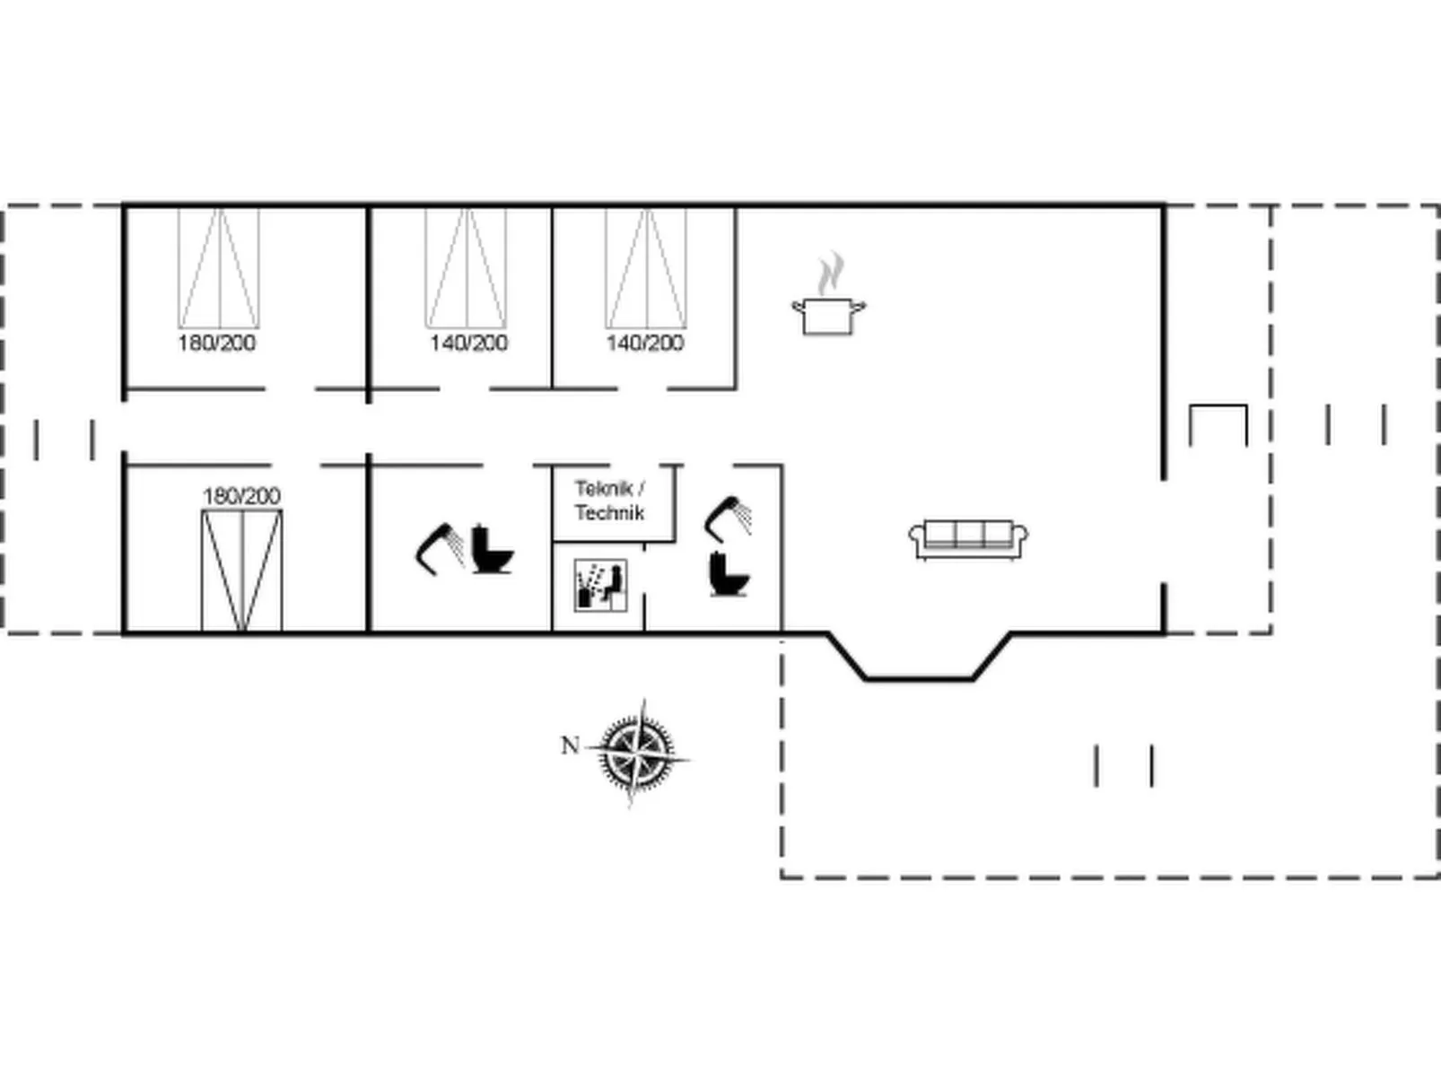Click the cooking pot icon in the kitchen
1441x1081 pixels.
tap(828, 317)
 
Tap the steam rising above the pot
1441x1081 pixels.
tap(831, 273)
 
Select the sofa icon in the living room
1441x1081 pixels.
tap(968, 539)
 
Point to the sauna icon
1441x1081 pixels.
tap(600, 585)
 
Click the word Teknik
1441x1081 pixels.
tap(603, 488)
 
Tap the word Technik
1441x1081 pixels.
tap(609, 512)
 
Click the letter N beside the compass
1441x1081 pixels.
tap(570, 745)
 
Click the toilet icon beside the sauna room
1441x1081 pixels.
tap(729, 574)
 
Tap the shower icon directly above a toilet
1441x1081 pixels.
tap(729, 519)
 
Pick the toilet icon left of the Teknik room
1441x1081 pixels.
tap(492, 550)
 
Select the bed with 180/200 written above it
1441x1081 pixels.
tap(241, 570)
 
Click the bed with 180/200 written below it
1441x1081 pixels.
tap(219, 268)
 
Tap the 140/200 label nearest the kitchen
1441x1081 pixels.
tap(644, 343)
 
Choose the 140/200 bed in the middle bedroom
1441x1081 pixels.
tap(466, 268)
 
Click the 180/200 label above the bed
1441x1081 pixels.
tap(241, 496)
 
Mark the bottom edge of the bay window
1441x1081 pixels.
tap(919, 678)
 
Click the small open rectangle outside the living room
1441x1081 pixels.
tap(1218, 406)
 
